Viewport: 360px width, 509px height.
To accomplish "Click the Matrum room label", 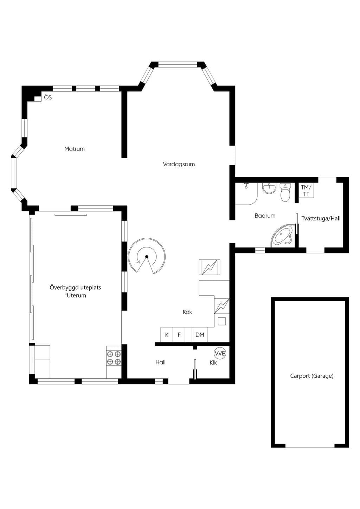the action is pyautogui.click(x=75, y=149).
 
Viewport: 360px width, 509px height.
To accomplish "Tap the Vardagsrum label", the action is pyautogui.click(x=179, y=164).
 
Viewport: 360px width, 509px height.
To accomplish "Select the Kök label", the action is pyautogui.click(x=187, y=312).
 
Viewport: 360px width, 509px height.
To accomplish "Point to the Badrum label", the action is pyautogui.click(x=265, y=215).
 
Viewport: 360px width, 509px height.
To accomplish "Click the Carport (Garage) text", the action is pyautogui.click(x=312, y=376).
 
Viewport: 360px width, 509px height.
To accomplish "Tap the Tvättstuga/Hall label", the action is pyautogui.click(x=321, y=218).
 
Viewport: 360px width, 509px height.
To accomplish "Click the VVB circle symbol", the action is pyautogui.click(x=220, y=353).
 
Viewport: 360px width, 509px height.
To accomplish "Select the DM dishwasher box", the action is pyautogui.click(x=200, y=335).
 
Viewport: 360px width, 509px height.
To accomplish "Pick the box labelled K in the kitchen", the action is pyautogui.click(x=167, y=335).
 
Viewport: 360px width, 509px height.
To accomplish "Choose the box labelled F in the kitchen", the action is pyautogui.click(x=179, y=335).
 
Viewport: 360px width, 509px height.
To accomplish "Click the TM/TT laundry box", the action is pyautogui.click(x=306, y=190).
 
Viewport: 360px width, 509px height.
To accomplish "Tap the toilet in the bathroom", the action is pyautogui.click(x=285, y=192).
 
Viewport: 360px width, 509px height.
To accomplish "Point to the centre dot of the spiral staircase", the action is pyautogui.click(x=147, y=257).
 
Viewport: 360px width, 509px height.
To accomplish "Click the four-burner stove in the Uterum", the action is pyautogui.click(x=114, y=358).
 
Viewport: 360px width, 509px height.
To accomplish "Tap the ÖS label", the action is pyautogui.click(x=48, y=97).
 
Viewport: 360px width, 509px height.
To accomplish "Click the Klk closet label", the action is pyautogui.click(x=213, y=363).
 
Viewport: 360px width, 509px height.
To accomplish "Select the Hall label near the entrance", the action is pyautogui.click(x=160, y=362).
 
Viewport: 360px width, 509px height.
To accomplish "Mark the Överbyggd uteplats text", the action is pyautogui.click(x=75, y=288).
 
